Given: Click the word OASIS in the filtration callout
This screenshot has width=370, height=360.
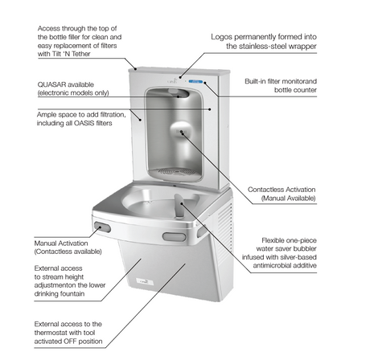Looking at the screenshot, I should click(x=91, y=124).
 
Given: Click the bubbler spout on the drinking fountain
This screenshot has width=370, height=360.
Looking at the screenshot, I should click(x=175, y=207).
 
